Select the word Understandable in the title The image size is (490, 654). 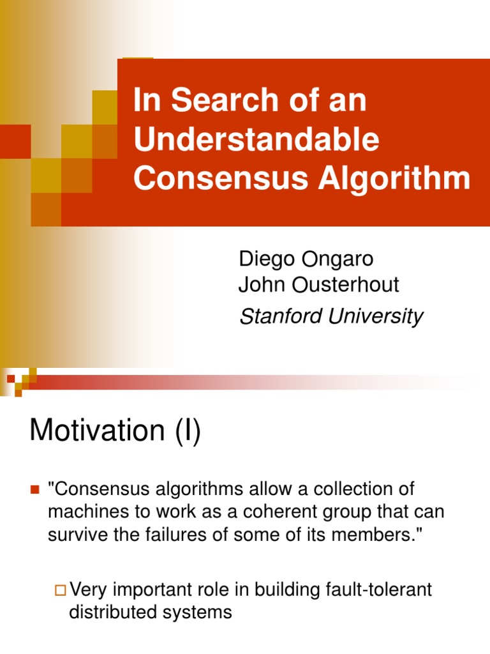click(256, 140)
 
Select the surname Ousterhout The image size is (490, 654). click(346, 285)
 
